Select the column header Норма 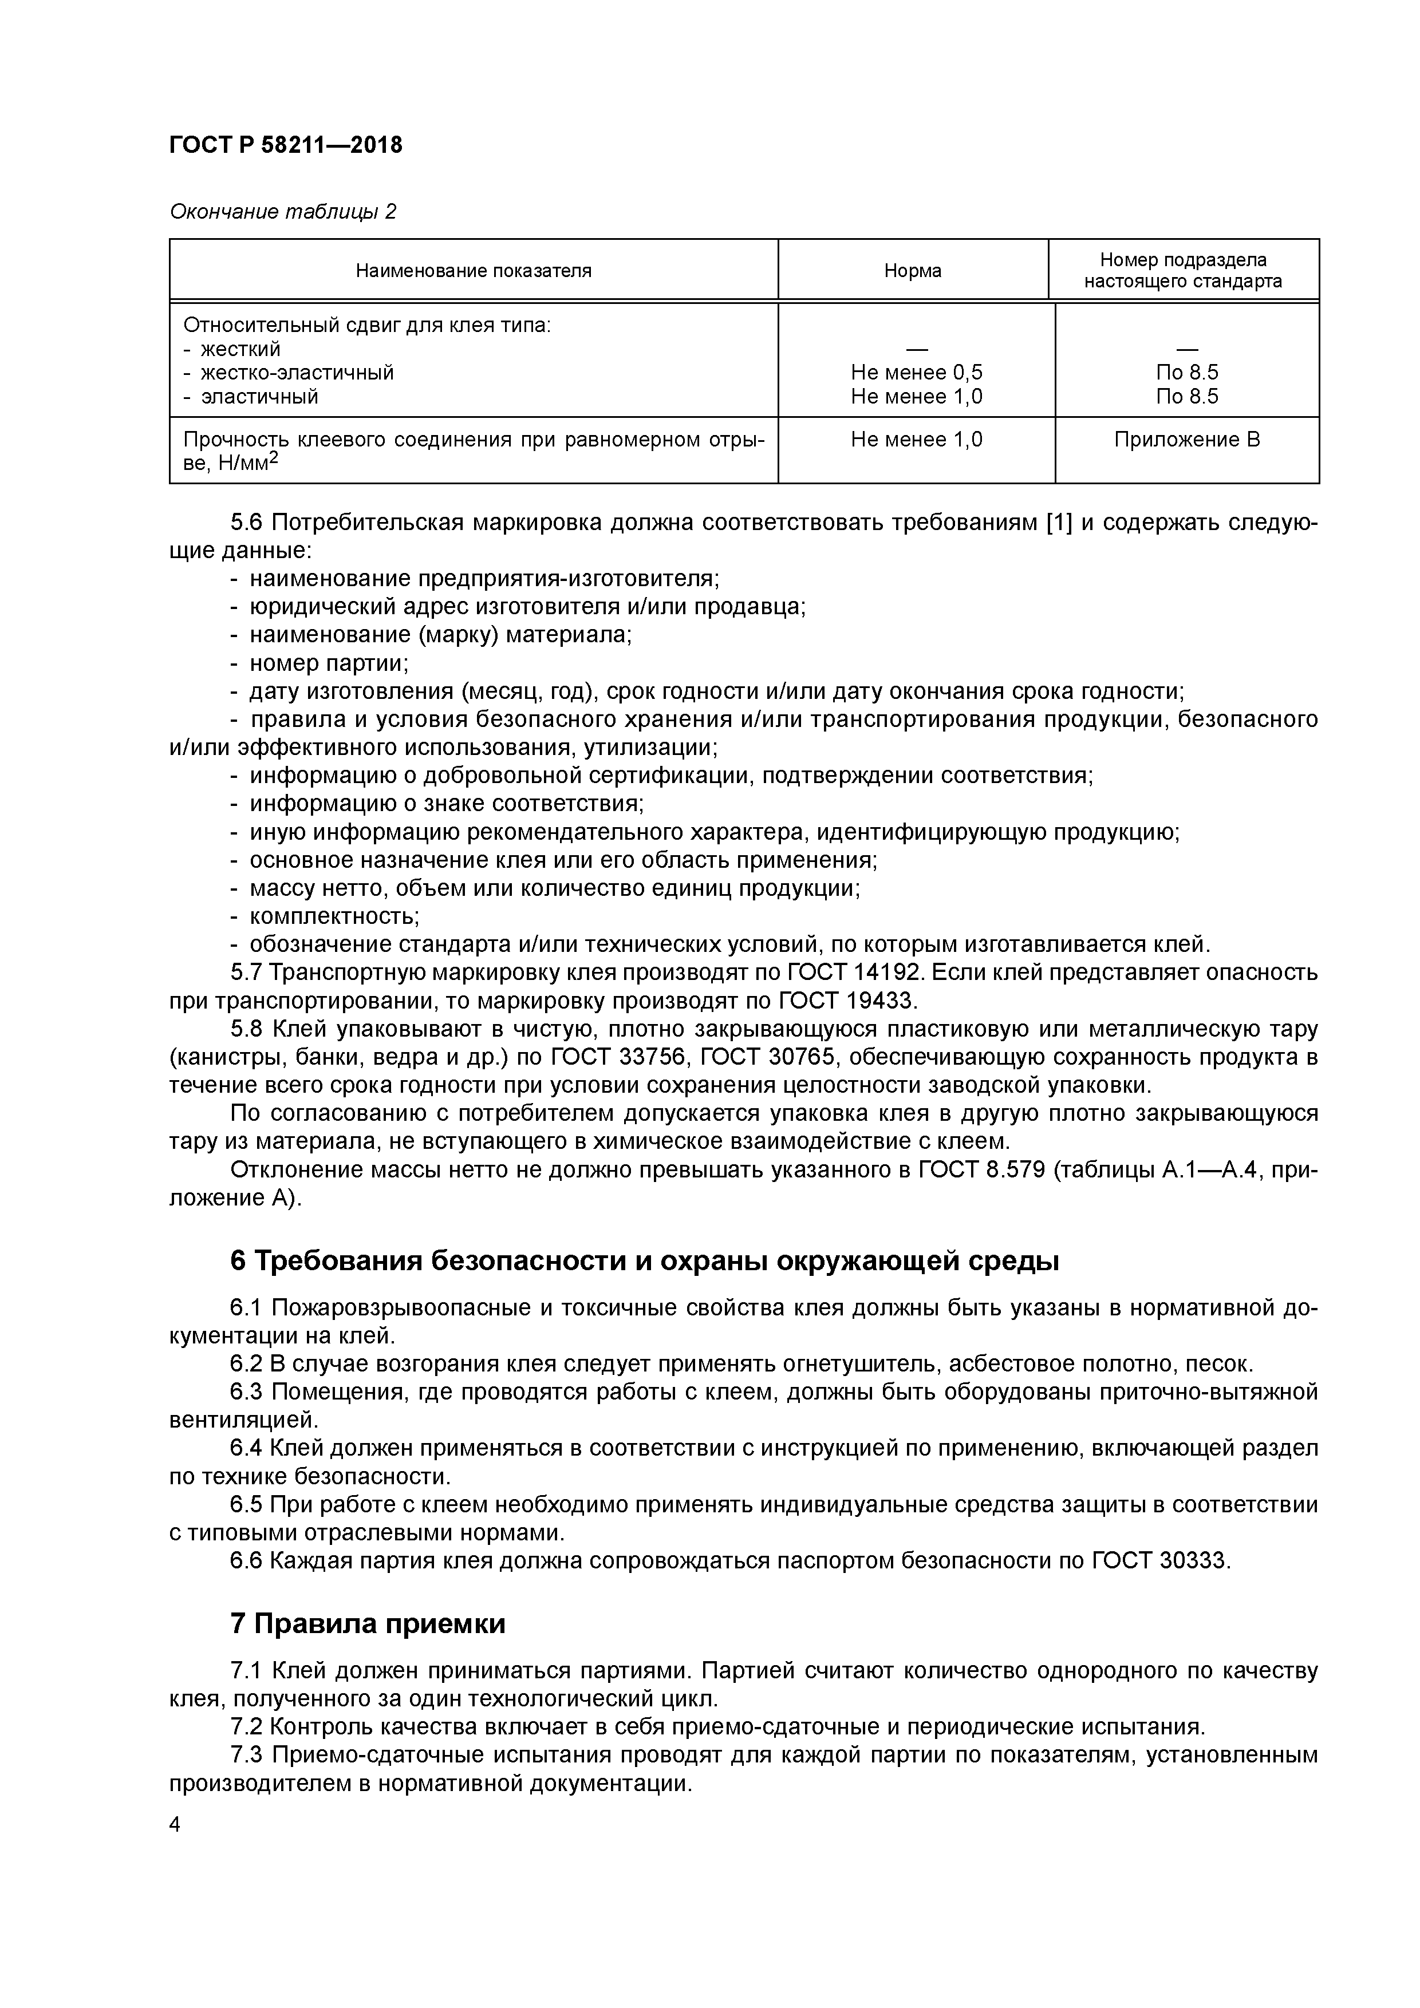913,271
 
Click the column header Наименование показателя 474,271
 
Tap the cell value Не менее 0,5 916,373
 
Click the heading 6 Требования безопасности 644,1261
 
